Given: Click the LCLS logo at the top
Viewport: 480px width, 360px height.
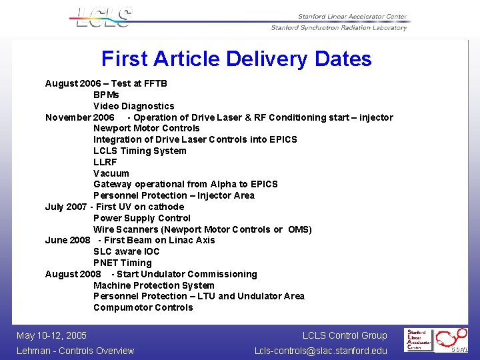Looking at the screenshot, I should click(x=101, y=17).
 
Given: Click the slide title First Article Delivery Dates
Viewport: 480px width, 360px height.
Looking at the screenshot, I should click(x=236, y=59).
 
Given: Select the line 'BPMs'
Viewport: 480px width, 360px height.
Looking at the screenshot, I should click(x=106, y=95).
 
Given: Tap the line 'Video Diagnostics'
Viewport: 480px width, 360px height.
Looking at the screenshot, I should click(x=133, y=106).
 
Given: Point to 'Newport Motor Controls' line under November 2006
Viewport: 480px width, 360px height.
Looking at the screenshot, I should click(x=146, y=128).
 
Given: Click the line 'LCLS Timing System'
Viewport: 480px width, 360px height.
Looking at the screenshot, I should click(x=139, y=151).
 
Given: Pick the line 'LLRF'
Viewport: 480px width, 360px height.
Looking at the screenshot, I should click(x=105, y=162).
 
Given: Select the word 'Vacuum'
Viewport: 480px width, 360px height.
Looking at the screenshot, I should click(x=111, y=173).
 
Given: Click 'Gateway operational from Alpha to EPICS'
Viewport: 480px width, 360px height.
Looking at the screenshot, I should click(x=185, y=184).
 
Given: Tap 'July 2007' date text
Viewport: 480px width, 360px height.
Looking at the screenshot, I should click(x=65, y=207).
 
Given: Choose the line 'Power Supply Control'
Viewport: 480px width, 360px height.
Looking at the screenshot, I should click(x=141, y=218).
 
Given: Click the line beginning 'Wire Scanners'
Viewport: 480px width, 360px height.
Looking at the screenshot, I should click(x=202, y=229).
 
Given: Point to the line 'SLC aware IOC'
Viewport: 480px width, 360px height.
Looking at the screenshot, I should click(x=127, y=251).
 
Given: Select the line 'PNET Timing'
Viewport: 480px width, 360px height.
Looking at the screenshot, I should click(x=122, y=263).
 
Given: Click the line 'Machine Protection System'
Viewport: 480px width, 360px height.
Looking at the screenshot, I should click(x=153, y=285).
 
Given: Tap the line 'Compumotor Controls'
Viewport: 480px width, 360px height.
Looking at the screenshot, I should click(x=143, y=307).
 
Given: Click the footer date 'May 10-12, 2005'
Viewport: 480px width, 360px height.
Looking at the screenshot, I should click(x=51, y=335).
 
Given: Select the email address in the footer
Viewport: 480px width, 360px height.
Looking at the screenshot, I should click(x=320, y=351).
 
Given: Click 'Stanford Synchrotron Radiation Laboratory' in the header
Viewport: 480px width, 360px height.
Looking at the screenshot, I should click(x=338, y=27).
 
